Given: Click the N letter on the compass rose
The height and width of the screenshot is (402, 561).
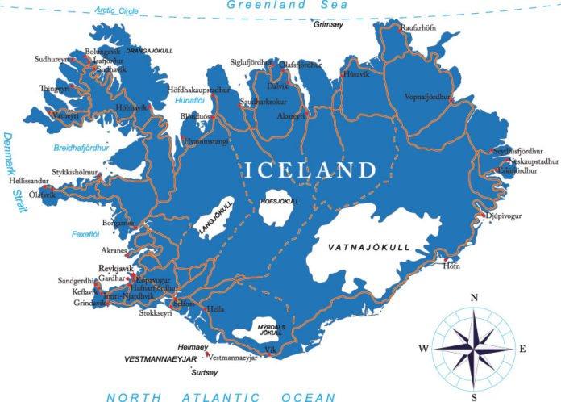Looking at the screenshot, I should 474,298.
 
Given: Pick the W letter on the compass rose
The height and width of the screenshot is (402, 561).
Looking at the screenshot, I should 423,349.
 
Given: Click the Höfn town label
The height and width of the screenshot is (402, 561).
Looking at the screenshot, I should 451,266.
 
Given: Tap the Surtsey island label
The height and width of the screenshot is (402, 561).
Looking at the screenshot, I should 203,372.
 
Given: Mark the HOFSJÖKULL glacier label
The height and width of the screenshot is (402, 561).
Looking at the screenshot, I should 280,200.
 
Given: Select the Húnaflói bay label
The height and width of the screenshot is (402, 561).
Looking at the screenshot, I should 188,101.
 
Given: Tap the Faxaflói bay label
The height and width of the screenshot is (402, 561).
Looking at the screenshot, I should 85,234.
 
